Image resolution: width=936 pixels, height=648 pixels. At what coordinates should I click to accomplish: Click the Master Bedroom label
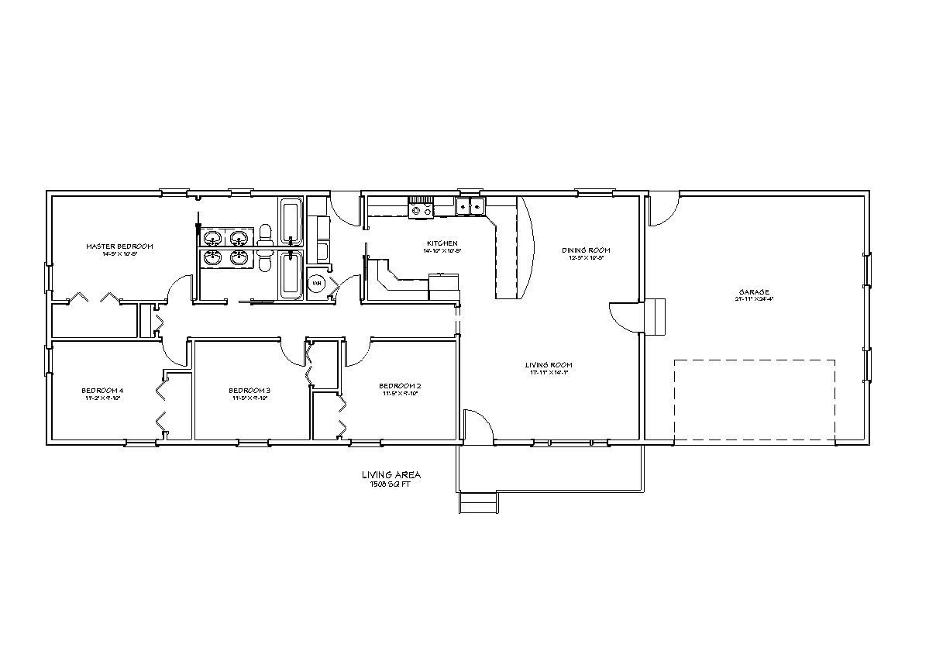click(119, 246)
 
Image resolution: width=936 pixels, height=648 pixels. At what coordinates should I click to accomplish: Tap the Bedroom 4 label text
click(102, 390)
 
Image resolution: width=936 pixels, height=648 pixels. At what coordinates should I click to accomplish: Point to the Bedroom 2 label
click(400, 386)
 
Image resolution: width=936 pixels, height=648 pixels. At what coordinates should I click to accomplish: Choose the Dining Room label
click(586, 250)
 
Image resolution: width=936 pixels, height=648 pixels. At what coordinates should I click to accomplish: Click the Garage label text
click(754, 292)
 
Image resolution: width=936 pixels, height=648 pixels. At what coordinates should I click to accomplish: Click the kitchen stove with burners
click(422, 207)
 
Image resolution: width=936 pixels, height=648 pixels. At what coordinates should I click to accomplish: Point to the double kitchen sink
click(470, 206)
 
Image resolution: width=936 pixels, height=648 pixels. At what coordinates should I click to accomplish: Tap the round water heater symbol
click(317, 284)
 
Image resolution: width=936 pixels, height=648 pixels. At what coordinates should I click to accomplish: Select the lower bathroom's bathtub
click(291, 274)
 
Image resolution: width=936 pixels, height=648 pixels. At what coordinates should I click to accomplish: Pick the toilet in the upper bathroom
click(265, 233)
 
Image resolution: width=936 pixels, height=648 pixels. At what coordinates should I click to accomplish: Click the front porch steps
click(478, 504)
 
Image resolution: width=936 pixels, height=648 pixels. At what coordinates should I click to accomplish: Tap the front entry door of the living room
click(479, 426)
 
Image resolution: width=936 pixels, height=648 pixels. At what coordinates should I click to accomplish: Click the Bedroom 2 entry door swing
click(358, 353)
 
